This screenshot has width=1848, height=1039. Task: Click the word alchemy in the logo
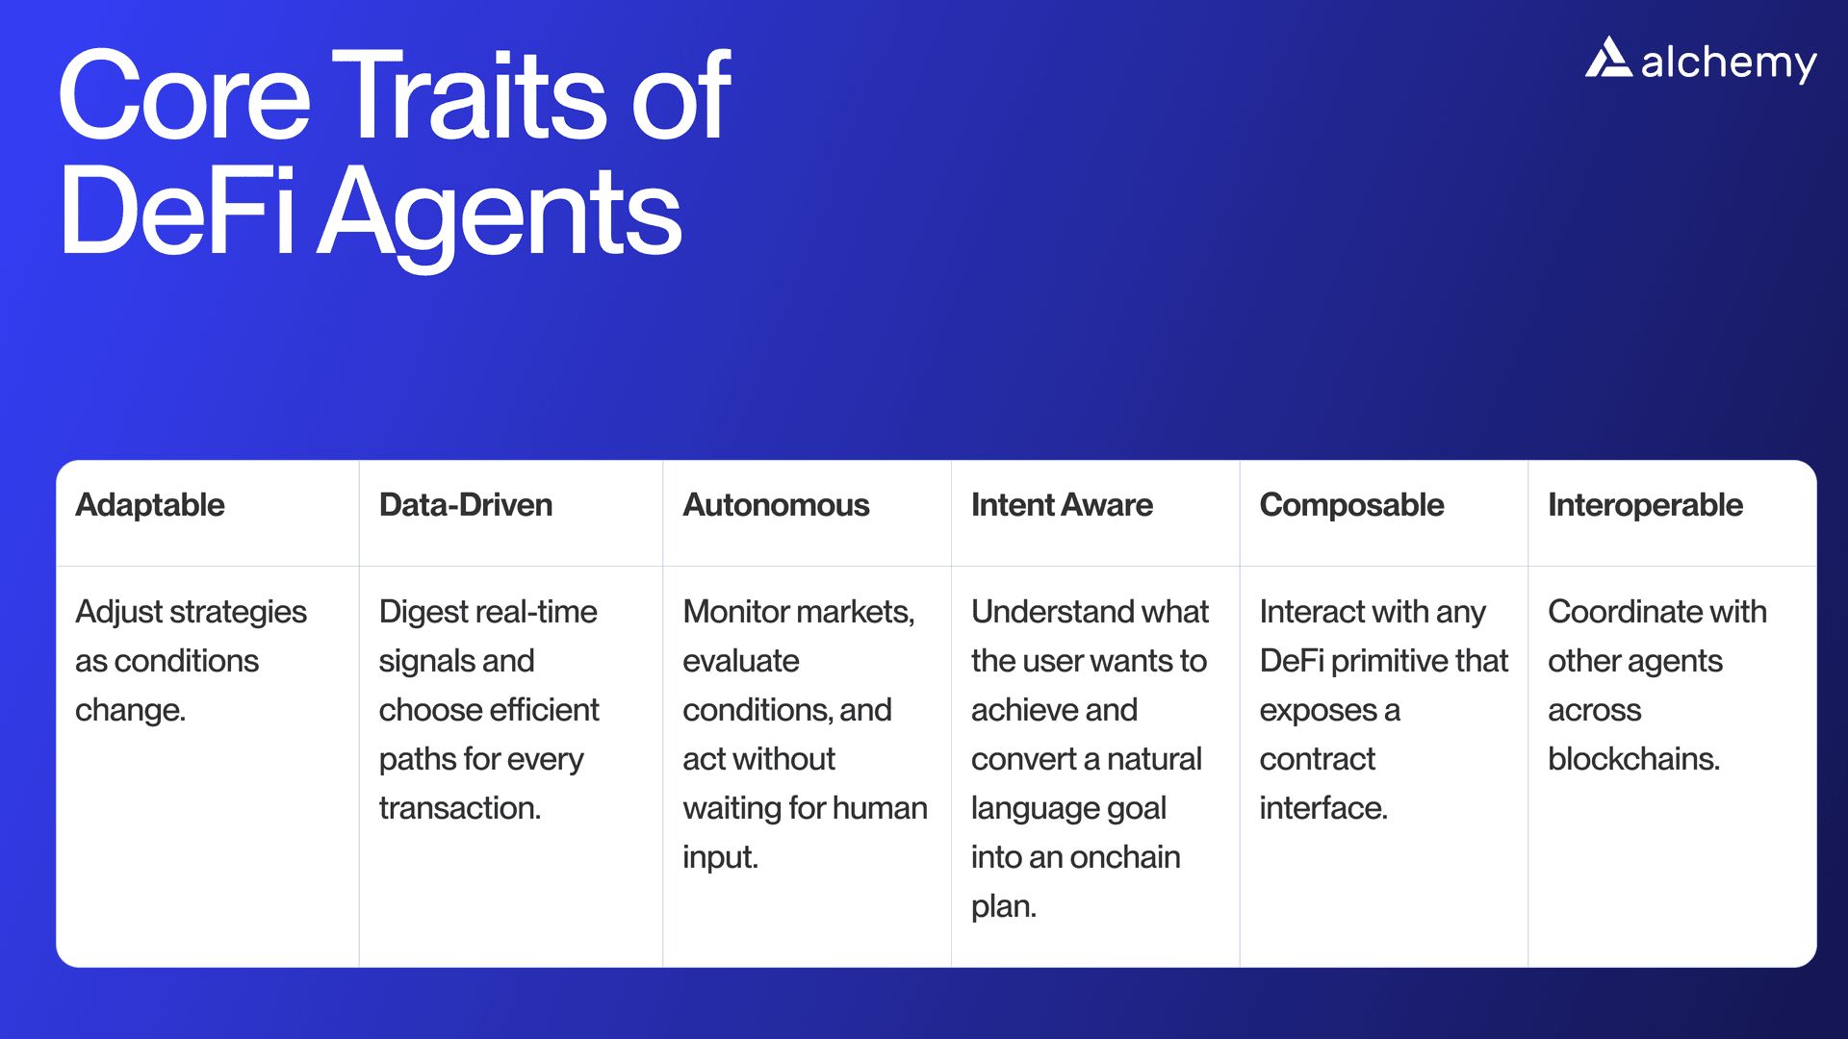coord(1729,63)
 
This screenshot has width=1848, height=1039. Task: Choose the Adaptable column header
coord(150,505)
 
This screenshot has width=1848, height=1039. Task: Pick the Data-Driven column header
coord(466,505)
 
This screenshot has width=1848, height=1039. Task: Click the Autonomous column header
coord(776,505)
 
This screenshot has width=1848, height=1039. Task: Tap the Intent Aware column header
coord(1062,505)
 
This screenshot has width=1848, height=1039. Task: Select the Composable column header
coord(1351,505)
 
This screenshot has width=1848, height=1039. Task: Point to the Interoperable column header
coord(1645,505)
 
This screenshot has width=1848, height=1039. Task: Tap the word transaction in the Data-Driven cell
coord(459,808)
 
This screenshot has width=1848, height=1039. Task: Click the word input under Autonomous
coord(720,858)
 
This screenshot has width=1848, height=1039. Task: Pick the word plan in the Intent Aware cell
coord(1003,907)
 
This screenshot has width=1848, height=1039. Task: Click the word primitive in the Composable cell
coord(1389,662)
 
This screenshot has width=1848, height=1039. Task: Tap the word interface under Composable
coord(1323,808)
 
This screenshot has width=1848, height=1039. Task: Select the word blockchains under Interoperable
coord(1633,759)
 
